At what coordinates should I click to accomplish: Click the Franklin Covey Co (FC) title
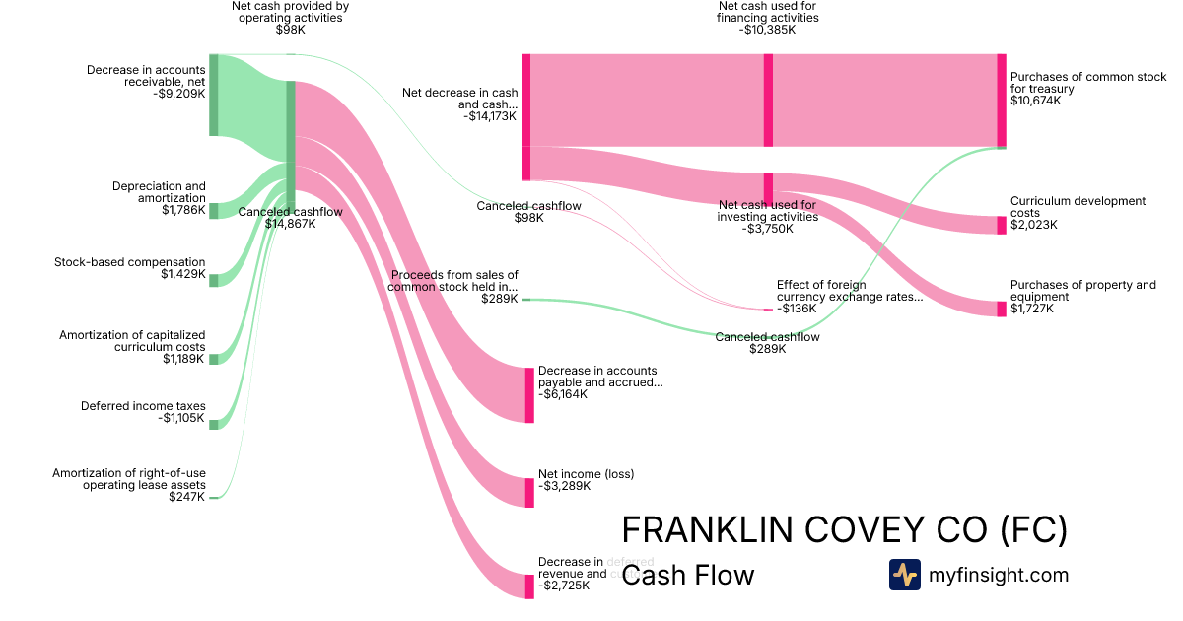tap(844, 529)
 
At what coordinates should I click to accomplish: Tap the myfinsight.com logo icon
tap(904, 575)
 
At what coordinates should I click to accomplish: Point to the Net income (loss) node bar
tap(529, 492)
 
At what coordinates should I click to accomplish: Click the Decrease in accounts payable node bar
tap(529, 394)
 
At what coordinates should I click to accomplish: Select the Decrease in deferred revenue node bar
tap(529, 586)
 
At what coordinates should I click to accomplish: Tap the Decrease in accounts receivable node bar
tap(213, 95)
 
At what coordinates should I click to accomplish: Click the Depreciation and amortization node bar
tap(213, 210)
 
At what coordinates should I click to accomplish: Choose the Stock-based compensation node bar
tap(213, 280)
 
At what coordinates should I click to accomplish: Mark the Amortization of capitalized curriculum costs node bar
tap(213, 359)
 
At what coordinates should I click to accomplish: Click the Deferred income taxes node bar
tap(213, 421)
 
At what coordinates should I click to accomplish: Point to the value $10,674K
tap(1035, 101)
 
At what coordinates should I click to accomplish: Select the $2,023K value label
tap(1033, 225)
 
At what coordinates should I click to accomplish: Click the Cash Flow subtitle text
tap(687, 575)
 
